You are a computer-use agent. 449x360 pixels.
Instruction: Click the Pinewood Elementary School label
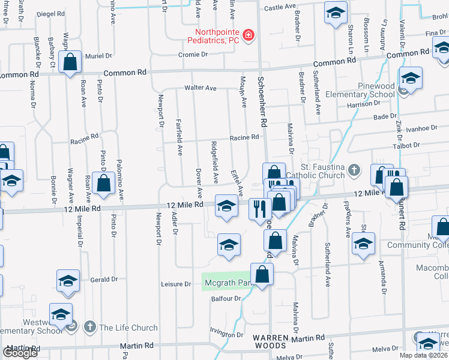(x=360, y=90)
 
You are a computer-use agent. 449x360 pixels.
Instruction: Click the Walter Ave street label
(x=200, y=88)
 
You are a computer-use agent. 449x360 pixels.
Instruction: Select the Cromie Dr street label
(x=193, y=55)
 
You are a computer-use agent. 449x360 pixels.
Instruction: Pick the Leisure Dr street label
(x=176, y=284)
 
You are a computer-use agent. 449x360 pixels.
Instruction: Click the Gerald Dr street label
(x=104, y=280)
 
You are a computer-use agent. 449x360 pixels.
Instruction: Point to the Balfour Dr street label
(x=225, y=298)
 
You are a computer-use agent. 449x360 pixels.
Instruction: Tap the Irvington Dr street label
(x=226, y=334)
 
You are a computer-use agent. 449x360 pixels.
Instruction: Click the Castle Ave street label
(x=280, y=7)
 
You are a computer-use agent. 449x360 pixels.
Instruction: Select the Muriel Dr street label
(x=99, y=56)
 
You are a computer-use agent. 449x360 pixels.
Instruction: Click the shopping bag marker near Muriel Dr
(x=70, y=62)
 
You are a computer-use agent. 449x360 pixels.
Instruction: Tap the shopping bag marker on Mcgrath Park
(x=262, y=275)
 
